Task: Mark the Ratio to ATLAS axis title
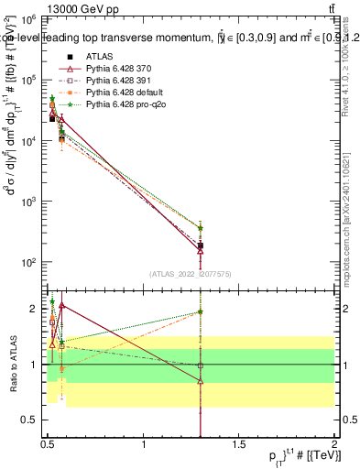point(11,364)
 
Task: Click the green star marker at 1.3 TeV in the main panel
point(201,228)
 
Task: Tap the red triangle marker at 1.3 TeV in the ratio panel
point(201,381)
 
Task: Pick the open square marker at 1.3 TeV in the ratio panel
point(201,365)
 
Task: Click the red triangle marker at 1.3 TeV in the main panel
point(201,251)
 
